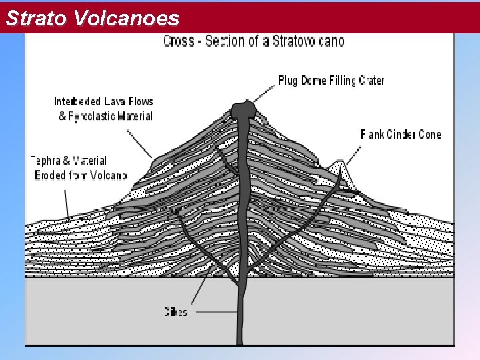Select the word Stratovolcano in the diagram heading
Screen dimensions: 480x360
[x=309, y=41]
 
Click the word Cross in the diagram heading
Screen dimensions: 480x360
[x=179, y=41]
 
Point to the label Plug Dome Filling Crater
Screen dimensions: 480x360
[x=331, y=81]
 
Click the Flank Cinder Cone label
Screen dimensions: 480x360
[x=401, y=135]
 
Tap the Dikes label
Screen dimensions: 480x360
[x=176, y=312]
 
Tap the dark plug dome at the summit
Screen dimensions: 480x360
[x=243, y=110]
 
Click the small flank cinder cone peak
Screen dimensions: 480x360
[x=341, y=165]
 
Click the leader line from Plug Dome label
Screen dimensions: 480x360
[x=265, y=93]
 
